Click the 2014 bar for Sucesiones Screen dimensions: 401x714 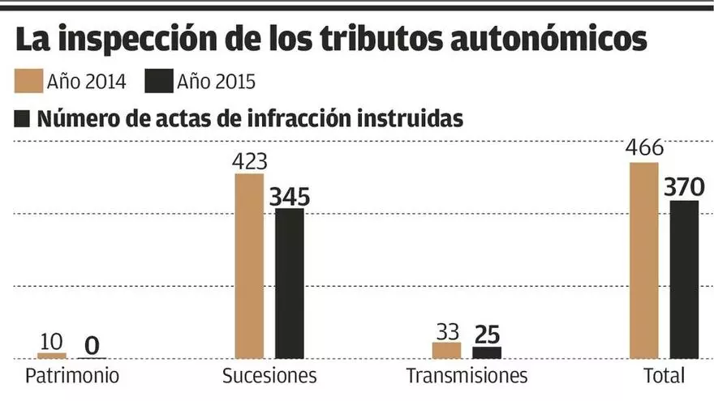tap(249, 266)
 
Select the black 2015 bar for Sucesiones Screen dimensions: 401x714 tap(290, 284)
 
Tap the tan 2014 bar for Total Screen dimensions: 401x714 tap(644, 260)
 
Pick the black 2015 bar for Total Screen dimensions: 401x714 tap(684, 279)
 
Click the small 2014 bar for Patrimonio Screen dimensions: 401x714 tap(52, 355)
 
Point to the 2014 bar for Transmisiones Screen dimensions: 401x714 tap(446, 350)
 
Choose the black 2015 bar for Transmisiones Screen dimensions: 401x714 tap(487, 352)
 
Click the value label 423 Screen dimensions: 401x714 tap(249, 161)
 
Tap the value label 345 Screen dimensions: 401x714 tap(290, 196)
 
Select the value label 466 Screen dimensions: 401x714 tap(644, 149)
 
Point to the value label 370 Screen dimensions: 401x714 tap(684, 187)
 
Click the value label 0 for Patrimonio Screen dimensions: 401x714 tap(92, 346)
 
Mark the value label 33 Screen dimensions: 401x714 tap(446, 331)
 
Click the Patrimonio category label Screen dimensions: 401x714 tap(72, 377)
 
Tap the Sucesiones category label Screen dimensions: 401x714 tap(269, 377)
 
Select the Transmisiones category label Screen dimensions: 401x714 tap(467, 377)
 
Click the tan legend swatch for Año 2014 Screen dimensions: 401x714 tap(28, 81)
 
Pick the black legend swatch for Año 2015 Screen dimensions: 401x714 tap(158, 81)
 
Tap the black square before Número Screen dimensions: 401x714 tap(23, 118)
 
